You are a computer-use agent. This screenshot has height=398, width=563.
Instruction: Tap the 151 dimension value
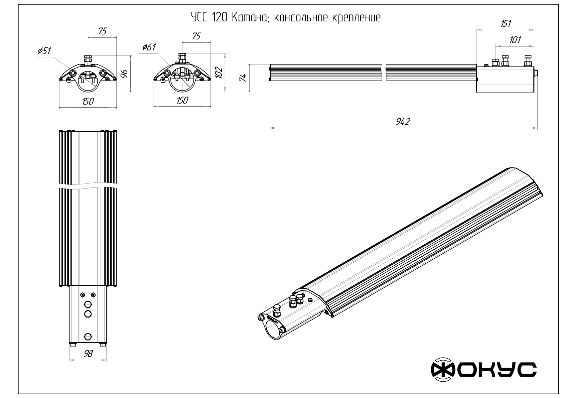506,23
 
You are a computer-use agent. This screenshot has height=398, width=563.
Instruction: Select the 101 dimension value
515,40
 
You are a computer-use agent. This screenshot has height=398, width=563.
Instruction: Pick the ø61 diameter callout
149,47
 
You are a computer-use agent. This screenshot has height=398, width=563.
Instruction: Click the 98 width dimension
88,353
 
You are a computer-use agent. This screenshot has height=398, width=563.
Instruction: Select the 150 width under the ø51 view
88,101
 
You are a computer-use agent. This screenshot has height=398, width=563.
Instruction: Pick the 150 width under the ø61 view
182,100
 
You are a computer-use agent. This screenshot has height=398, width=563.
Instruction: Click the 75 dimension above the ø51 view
102,31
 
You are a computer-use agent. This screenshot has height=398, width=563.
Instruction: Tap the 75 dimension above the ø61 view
196,36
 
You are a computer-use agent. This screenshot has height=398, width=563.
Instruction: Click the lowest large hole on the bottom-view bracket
88,336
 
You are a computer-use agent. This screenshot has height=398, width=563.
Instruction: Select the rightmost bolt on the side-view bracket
528,61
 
